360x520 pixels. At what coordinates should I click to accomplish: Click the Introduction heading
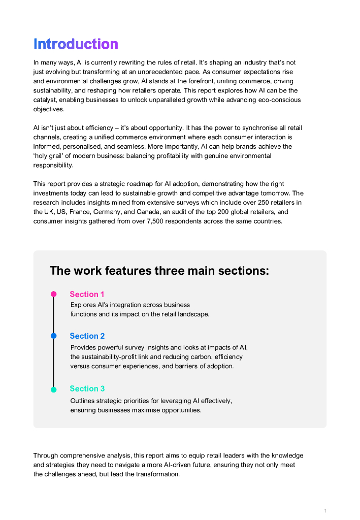pyautogui.click(x=76, y=44)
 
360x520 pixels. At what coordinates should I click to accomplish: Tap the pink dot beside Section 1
pyautogui.click(x=53, y=294)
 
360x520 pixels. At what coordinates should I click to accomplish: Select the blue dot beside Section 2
pyautogui.click(x=53, y=336)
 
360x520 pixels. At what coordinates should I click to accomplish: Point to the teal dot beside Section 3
pyautogui.click(x=53, y=389)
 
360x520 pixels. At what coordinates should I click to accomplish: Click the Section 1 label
pyautogui.click(x=87, y=295)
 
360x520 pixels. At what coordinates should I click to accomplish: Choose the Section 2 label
pyautogui.click(x=87, y=336)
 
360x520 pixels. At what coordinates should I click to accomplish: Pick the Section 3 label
pyautogui.click(x=87, y=389)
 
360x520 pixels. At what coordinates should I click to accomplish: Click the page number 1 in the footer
pyautogui.click(x=325, y=510)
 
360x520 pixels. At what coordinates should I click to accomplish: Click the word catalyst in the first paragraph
pyautogui.click(x=46, y=100)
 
